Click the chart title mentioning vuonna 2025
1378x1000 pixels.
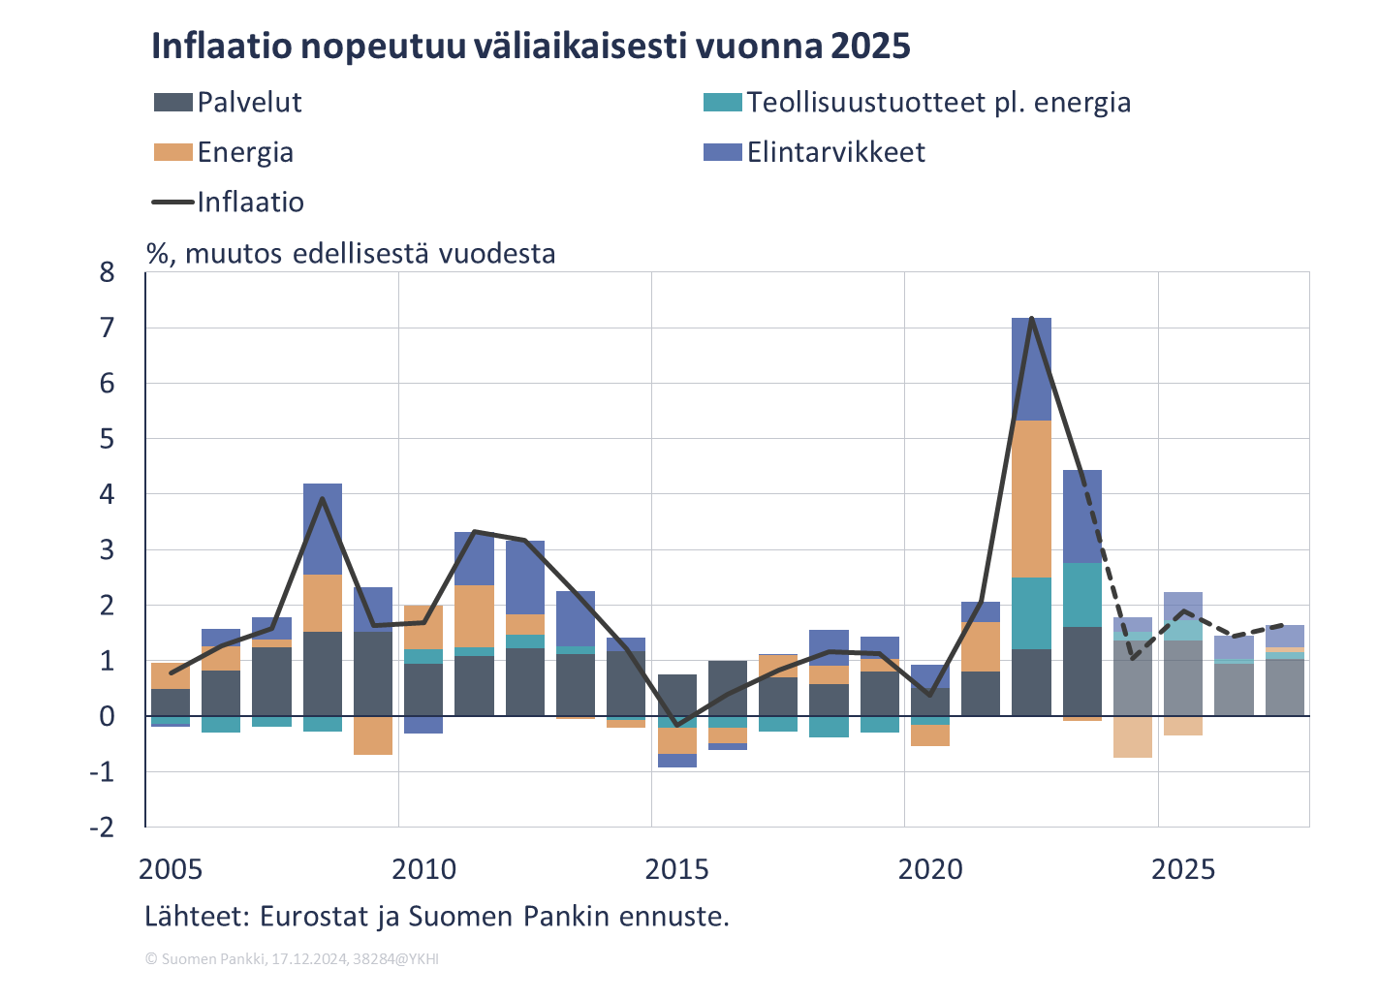coord(530,47)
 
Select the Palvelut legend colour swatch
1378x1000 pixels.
coord(172,102)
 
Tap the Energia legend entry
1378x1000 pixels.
coord(224,152)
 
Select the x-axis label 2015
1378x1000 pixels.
coord(676,870)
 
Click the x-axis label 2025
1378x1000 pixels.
coord(1182,870)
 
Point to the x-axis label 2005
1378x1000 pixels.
coord(172,870)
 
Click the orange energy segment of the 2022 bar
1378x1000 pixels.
coord(1031,499)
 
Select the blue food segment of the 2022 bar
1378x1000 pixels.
coord(1031,369)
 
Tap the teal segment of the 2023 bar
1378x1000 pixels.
coord(1081,595)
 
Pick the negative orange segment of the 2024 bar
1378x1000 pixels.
coord(1132,736)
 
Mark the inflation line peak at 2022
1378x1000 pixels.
coord(1032,318)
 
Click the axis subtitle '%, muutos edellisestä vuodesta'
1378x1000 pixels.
coord(351,254)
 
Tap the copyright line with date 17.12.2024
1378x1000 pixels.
coord(292,958)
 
